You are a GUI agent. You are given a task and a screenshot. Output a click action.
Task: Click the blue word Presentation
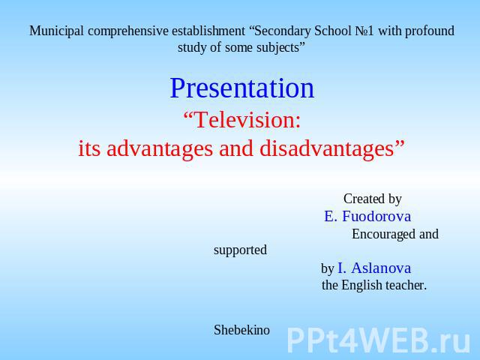241,88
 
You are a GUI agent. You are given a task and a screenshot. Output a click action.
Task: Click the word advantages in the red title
160,148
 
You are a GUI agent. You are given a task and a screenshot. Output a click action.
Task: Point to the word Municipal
57,31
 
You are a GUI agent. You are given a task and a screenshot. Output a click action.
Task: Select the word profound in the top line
430,31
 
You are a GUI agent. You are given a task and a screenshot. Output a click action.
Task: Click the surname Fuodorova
376,216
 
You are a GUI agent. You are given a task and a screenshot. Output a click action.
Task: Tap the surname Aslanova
381,268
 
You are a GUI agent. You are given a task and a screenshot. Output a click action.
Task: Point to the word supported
240,250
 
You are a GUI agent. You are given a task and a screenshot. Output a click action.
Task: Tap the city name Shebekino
241,330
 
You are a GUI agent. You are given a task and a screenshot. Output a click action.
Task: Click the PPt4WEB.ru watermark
378,340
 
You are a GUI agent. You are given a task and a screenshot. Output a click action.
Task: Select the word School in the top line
333,31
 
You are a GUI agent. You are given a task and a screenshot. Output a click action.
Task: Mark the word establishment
208,31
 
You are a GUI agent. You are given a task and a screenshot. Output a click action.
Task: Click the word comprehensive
127,31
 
